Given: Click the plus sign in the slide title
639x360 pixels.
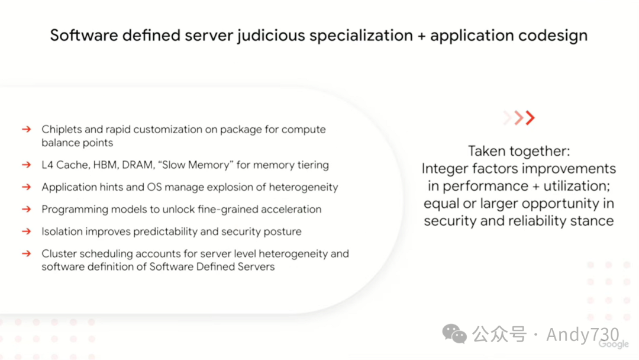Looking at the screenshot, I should (421, 36).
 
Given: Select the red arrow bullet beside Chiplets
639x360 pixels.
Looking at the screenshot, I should (26, 130).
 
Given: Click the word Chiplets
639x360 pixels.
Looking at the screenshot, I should (62, 130).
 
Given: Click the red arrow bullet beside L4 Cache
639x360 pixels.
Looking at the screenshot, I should (26, 165).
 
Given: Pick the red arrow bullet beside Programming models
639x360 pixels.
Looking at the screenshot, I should (26, 210).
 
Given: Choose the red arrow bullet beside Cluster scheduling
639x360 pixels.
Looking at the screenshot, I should (26, 254).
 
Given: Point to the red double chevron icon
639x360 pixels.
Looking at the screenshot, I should (519, 118).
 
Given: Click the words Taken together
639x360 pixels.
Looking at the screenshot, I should (519, 151).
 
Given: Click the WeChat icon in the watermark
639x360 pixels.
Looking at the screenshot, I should (454, 335).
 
